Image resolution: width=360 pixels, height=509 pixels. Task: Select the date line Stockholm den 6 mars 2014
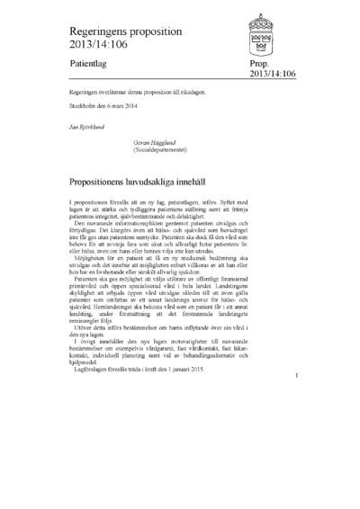103,107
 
